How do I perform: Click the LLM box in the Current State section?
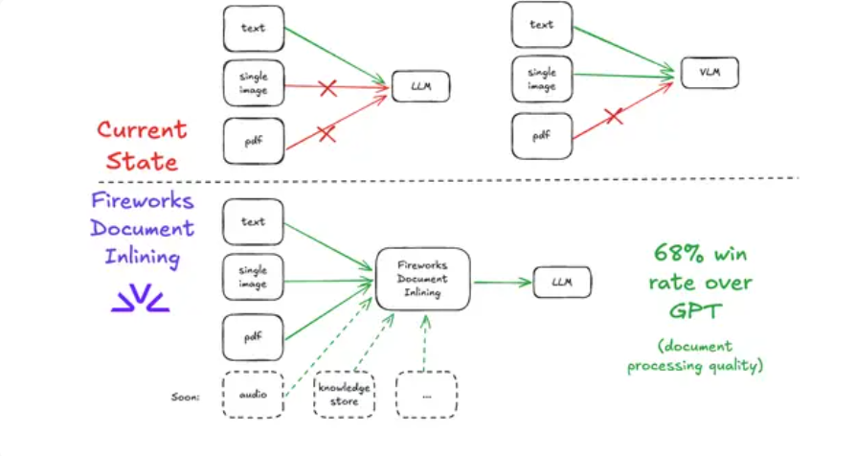(420, 87)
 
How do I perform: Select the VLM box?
(710, 73)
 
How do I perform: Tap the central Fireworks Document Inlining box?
(422, 279)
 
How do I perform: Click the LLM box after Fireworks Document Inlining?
(562, 282)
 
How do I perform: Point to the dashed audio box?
(253, 394)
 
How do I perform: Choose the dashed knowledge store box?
(344, 395)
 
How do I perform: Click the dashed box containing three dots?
(426, 395)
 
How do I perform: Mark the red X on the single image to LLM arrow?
(327, 88)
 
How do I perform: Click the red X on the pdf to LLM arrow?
(327, 134)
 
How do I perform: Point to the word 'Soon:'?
(183, 395)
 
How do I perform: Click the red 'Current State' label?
(142, 145)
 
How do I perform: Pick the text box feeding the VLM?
(541, 25)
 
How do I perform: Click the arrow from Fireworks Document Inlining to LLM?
(502, 282)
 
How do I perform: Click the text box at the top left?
(253, 29)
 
